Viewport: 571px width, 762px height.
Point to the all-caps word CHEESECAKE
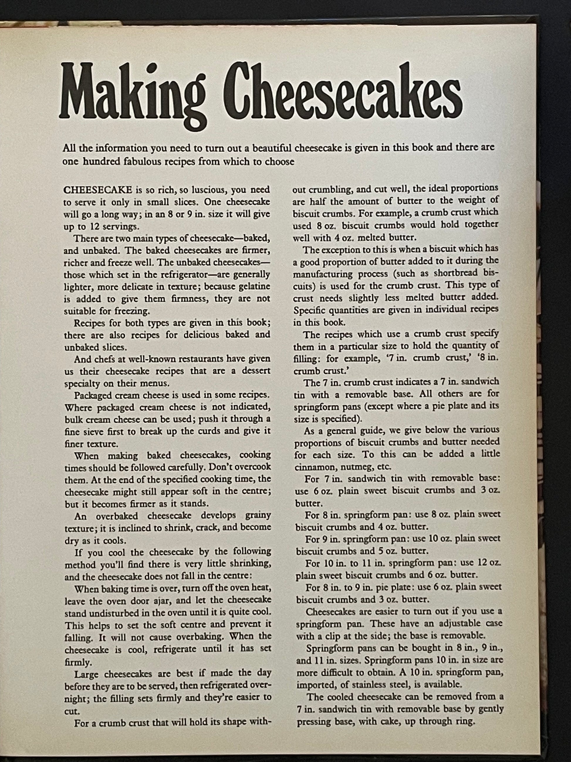point(98,189)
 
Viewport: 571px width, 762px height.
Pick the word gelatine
point(253,287)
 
